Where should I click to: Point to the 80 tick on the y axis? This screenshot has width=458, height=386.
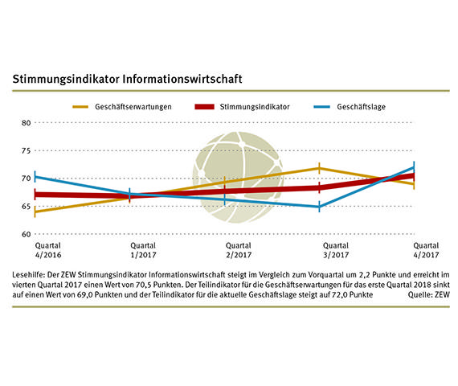(25, 123)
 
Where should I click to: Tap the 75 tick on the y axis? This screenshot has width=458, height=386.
(25, 150)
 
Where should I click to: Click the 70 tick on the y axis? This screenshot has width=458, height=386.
(25, 179)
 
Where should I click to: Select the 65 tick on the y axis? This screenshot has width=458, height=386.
(25, 207)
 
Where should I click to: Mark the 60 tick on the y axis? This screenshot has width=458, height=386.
(25, 234)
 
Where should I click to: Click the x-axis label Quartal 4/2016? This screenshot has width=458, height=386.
(35, 251)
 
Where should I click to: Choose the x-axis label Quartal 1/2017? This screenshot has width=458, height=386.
(130, 251)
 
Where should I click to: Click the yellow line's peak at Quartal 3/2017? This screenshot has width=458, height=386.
(320, 168)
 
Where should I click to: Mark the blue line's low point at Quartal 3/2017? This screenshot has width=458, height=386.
(320, 207)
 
